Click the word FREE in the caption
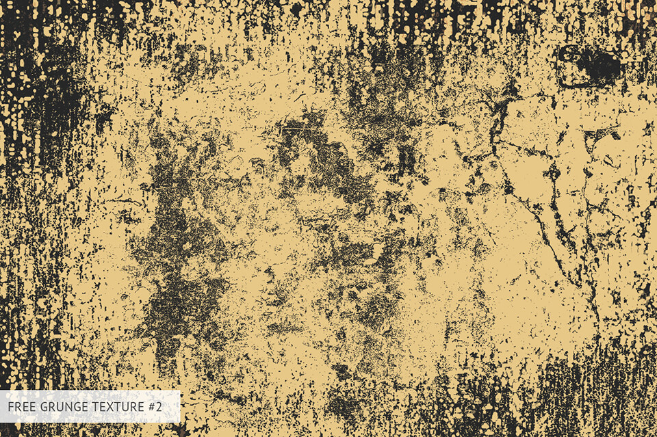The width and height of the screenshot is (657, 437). pos(21,407)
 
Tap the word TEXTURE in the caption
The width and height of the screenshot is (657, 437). pos(118,407)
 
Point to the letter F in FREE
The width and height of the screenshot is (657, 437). pos(10,407)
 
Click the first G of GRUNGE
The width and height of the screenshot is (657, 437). pos(43,407)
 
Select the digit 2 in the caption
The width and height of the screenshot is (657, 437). pos(159,407)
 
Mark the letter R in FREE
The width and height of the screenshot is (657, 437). pos(17,407)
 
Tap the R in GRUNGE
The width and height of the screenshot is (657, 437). pos(51,407)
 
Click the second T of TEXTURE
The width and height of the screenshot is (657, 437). pos(118,407)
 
